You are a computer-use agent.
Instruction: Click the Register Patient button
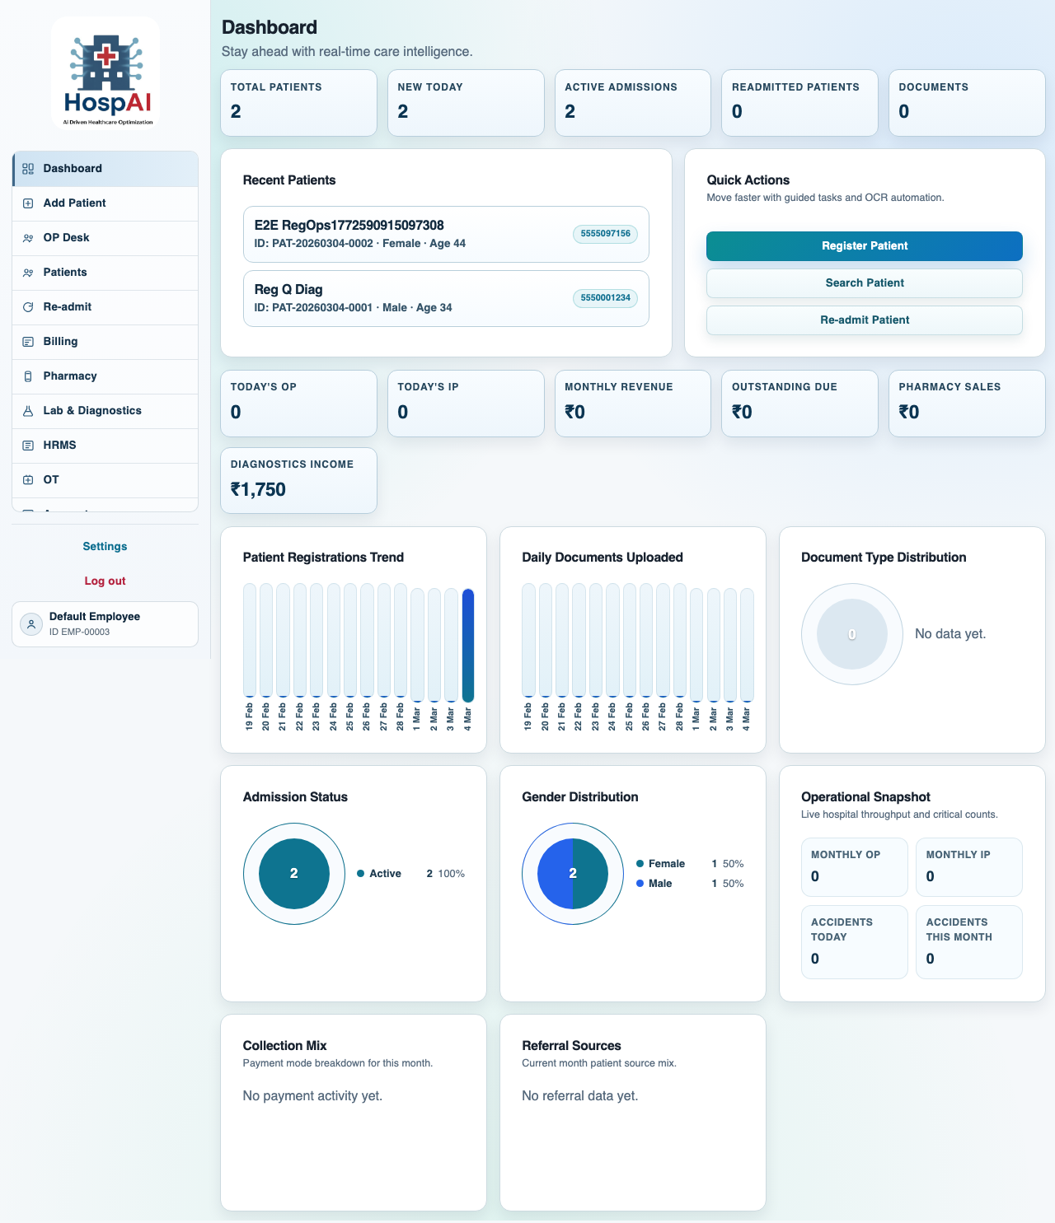coord(864,245)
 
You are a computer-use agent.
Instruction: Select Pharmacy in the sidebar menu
coord(70,376)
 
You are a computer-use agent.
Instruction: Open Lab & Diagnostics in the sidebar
coord(92,410)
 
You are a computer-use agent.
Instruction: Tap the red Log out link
coord(105,581)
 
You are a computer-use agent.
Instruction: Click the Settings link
coord(105,546)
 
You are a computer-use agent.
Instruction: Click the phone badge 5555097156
coord(605,234)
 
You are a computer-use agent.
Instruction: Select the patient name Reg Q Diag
coord(288,289)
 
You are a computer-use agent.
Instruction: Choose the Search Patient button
coord(864,282)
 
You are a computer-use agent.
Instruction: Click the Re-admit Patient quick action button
coord(864,320)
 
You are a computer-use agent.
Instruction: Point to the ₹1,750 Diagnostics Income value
coord(258,489)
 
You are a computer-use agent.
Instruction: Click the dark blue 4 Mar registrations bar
coord(468,644)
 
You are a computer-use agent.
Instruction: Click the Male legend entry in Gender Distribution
coord(659,883)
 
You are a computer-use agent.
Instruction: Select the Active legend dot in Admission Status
coord(361,873)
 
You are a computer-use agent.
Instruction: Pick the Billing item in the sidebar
coord(60,341)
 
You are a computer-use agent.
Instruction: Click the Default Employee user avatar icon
coord(31,623)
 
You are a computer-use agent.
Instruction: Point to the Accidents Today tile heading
coord(842,929)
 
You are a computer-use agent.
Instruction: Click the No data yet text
coord(950,633)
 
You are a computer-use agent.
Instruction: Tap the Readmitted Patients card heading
coord(795,86)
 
